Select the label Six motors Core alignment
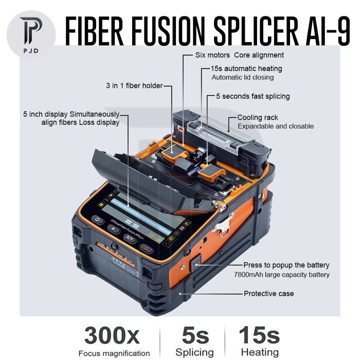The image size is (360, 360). click(239, 55)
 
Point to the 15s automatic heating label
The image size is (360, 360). click(246, 68)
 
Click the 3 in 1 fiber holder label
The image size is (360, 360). click(134, 85)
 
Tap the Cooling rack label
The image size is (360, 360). click(257, 117)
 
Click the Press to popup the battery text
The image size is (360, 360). click(286, 265)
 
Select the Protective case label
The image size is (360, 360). click(268, 293)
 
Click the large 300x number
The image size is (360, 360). click(112, 336)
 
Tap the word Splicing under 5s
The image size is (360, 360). click(194, 352)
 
